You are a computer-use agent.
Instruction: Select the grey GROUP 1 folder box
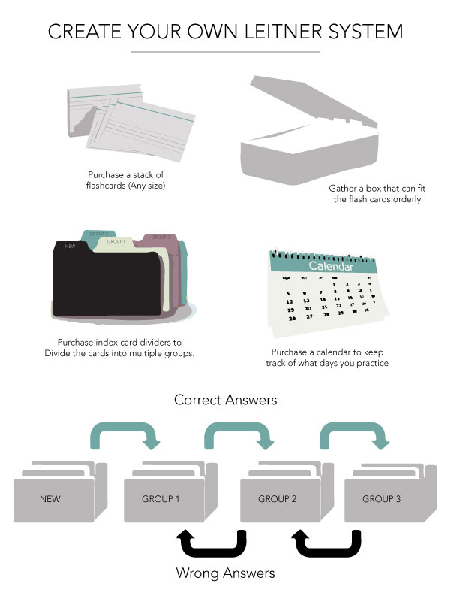point(161,498)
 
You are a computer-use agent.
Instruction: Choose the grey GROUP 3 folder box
point(382,498)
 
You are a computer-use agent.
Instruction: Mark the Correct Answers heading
point(225,400)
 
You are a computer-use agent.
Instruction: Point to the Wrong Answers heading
point(225,573)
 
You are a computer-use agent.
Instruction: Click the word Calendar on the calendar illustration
point(329,265)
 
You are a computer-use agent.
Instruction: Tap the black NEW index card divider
point(105,282)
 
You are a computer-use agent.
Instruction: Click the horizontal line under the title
point(225,52)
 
